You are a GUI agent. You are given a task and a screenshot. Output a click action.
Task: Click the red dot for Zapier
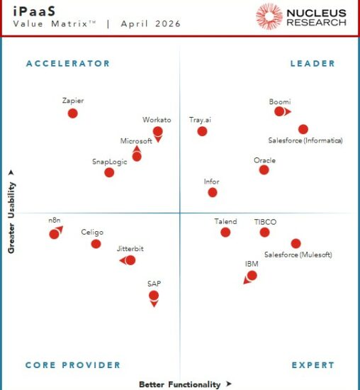point(72,113)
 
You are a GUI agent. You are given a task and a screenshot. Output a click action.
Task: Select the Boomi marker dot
point(279,111)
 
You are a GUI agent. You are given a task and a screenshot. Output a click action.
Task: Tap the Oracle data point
point(264,169)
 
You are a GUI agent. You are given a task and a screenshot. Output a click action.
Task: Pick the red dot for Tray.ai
point(202,130)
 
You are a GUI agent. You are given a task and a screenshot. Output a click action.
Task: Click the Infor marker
point(212,192)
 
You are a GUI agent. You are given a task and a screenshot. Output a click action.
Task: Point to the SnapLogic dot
point(109,172)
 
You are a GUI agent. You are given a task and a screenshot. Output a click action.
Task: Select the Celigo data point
point(96,244)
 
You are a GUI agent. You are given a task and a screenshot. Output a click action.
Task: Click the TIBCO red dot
point(264,232)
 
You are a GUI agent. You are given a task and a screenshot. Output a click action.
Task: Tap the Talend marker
point(225,232)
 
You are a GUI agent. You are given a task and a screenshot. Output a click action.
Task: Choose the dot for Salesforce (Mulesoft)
point(296,243)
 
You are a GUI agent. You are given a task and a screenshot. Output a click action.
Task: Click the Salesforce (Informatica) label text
point(305,141)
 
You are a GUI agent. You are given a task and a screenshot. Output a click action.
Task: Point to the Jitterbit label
point(130,250)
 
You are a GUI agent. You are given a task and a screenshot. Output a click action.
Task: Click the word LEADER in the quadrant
point(313,64)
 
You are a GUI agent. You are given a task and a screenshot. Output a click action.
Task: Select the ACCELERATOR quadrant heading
point(68,64)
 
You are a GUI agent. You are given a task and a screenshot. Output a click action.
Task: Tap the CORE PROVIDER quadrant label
point(73,365)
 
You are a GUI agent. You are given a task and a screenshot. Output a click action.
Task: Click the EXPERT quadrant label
point(313,365)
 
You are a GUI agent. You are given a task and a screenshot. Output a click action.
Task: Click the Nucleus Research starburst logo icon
point(269,16)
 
